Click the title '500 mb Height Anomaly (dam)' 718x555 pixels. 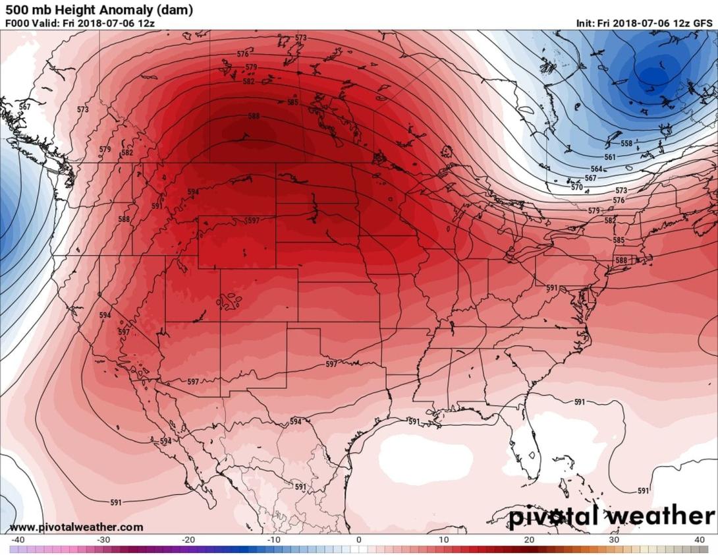click(x=99, y=10)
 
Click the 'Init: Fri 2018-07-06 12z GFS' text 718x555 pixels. click(x=644, y=23)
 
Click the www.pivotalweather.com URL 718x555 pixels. click(x=76, y=527)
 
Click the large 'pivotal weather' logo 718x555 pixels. click(x=611, y=515)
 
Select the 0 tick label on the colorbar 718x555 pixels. click(x=358, y=540)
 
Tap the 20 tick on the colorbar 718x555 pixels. click(x=530, y=540)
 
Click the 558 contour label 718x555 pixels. click(x=626, y=143)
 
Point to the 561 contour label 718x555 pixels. click(x=610, y=158)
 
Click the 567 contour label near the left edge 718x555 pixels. click(x=24, y=107)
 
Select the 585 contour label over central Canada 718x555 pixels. click(x=292, y=102)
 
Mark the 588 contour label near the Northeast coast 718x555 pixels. click(x=621, y=260)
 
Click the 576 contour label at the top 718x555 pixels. click(x=243, y=54)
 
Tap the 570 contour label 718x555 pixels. click(x=576, y=187)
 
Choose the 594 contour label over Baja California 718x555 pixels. click(x=165, y=441)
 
